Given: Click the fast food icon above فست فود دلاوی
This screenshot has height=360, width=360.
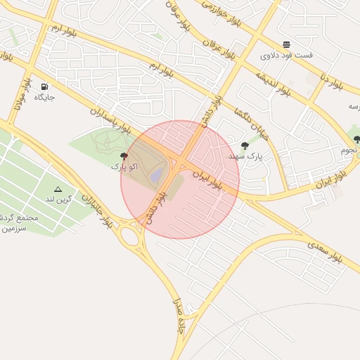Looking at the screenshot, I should [x=287, y=44].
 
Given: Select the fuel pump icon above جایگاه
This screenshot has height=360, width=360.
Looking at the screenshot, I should [x=45, y=86].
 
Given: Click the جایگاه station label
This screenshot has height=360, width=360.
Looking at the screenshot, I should [x=44, y=97].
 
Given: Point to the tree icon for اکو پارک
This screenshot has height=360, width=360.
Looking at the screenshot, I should [x=124, y=156].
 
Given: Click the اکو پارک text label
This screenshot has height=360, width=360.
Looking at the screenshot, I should [x=124, y=167].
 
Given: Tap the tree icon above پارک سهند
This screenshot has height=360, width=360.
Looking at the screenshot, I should [x=245, y=146].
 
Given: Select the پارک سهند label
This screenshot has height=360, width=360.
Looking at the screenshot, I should [x=245, y=156].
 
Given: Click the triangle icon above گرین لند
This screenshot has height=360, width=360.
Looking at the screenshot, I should [x=58, y=189].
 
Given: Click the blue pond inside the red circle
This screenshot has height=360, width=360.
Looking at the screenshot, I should [x=157, y=174].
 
